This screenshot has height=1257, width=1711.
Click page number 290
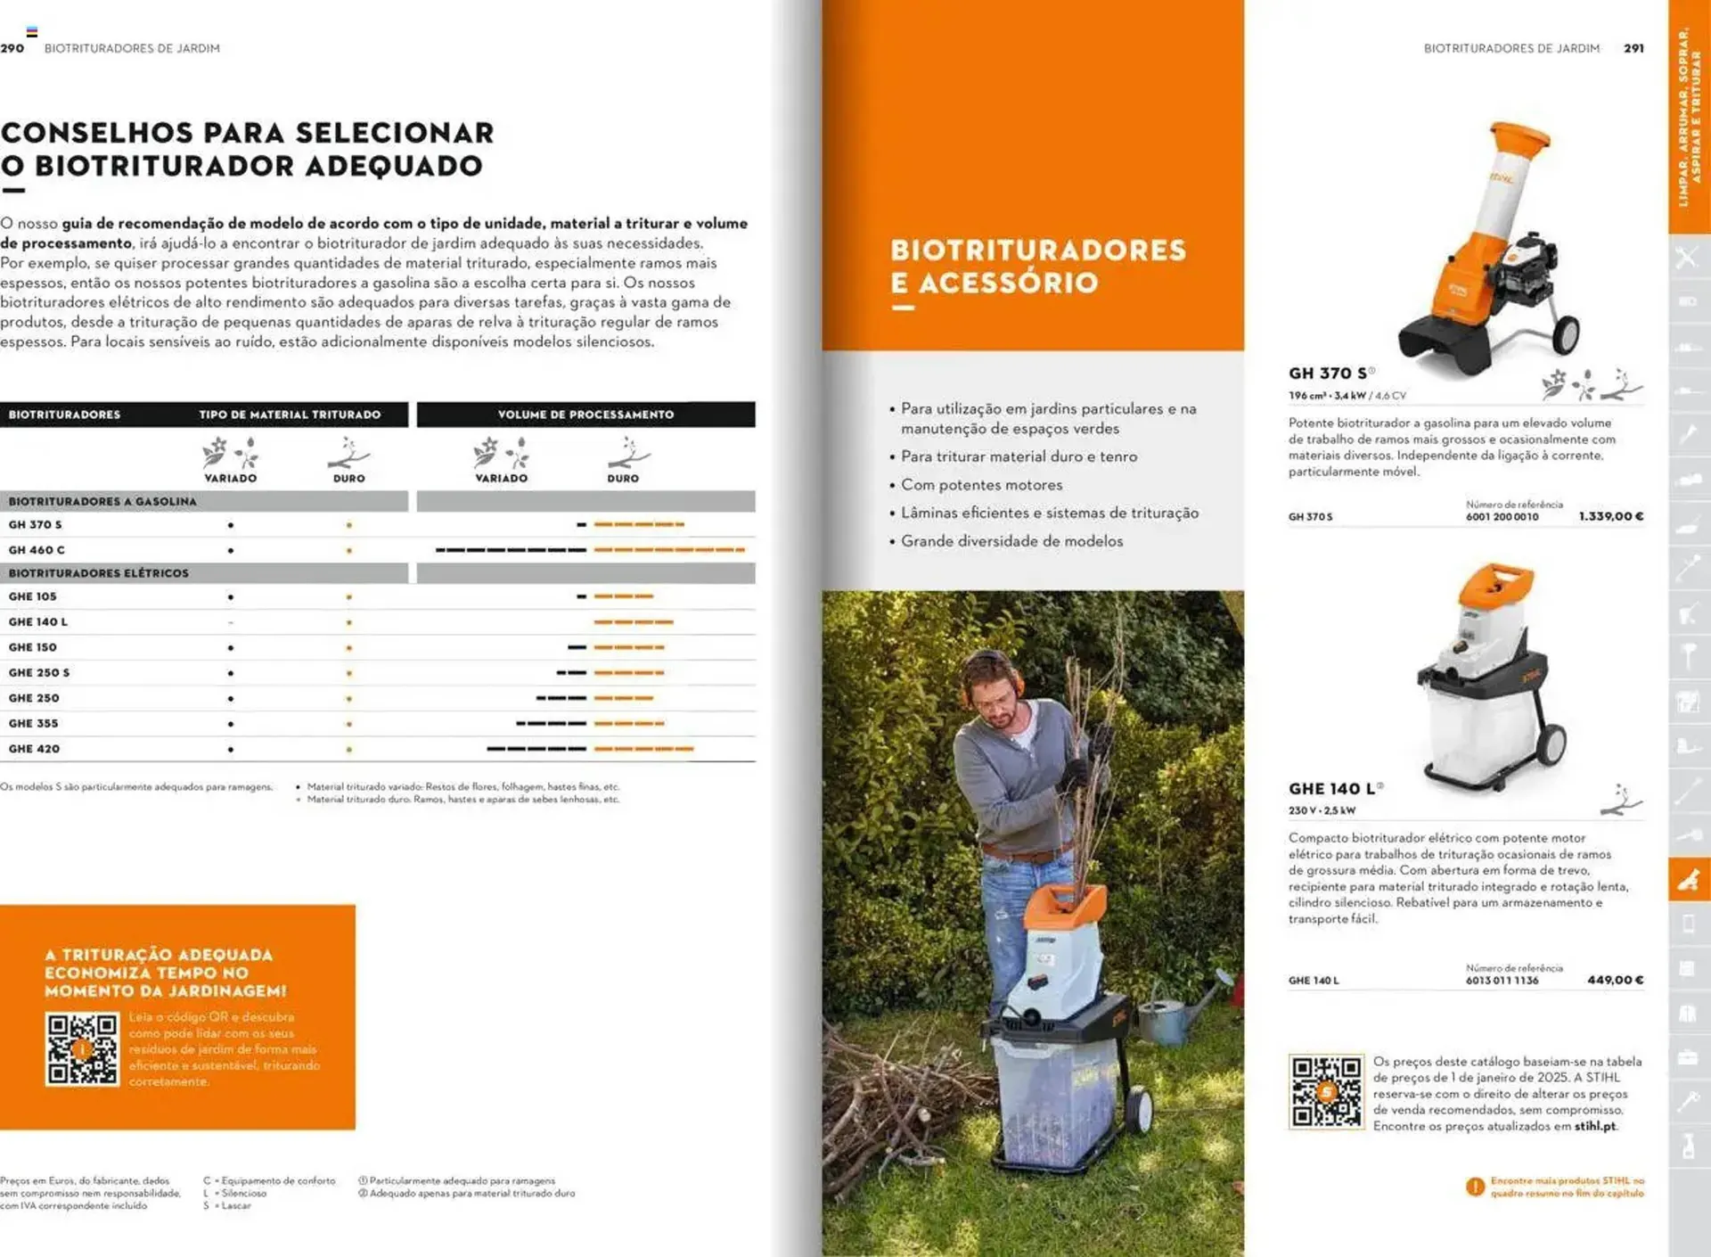(x=12, y=48)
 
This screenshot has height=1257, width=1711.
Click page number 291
(x=1633, y=48)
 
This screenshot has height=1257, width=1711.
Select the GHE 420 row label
(x=34, y=749)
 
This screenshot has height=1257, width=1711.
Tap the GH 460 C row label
(x=37, y=550)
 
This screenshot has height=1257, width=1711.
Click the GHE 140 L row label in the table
(x=38, y=621)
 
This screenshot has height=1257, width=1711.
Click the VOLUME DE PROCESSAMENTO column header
(x=585, y=415)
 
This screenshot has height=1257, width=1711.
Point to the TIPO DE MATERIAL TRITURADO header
(x=290, y=415)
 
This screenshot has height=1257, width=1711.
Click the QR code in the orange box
(x=82, y=1049)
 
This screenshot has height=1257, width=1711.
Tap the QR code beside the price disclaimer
(x=1326, y=1092)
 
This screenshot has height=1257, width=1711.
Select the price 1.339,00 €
(x=1610, y=516)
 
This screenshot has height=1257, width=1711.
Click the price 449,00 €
(x=1615, y=980)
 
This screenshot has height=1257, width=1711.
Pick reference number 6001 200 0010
(x=1502, y=517)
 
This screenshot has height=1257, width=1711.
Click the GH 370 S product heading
(x=1328, y=374)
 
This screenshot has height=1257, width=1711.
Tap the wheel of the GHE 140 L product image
(x=1551, y=747)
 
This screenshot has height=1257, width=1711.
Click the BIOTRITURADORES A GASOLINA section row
(x=102, y=501)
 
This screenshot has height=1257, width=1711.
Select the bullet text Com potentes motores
(x=981, y=485)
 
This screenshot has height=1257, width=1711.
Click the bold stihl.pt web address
(x=1594, y=1126)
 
